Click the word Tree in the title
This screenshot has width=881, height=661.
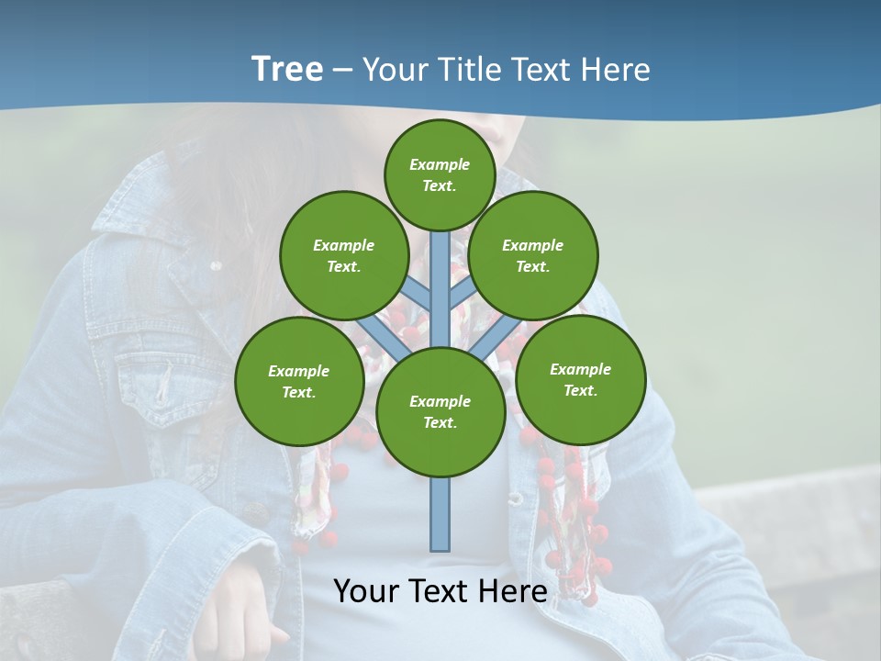[287, 69]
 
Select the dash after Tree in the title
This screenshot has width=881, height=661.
[342, 71]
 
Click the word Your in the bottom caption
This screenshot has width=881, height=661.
[365, 591]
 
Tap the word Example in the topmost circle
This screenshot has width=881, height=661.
[440, 164]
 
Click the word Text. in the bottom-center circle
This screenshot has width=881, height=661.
[440, 423]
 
